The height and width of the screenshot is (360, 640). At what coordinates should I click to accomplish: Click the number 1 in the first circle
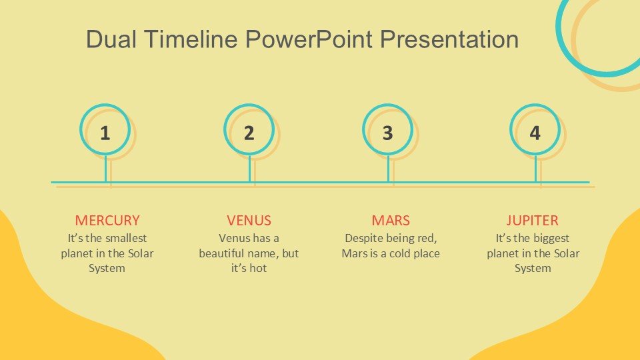[x=105, y=133]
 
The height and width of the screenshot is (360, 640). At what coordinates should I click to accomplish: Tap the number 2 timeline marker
[x=249, y=133]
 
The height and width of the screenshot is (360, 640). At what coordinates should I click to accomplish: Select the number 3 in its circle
[x=388, y=133]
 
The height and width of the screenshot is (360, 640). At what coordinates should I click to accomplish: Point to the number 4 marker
[x=535, y=133]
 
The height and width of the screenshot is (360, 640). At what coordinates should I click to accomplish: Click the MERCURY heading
[x=107, y=221]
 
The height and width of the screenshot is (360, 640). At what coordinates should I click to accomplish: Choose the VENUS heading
[x=249, y=221]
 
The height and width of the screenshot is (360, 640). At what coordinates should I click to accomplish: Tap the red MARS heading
[x=391, y=221]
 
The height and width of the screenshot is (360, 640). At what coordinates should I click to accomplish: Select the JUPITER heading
[x=532, y=221]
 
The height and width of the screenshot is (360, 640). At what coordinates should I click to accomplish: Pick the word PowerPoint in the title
[x=309, y=39]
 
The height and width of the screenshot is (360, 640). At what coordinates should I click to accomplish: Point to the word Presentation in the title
[x=449, y=39]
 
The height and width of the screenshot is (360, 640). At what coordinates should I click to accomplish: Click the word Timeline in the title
[x=191, y=39]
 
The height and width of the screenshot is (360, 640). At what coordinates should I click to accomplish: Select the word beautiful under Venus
[x=221, y=253]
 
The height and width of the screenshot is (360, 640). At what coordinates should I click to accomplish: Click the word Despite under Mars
[x=364, y=239]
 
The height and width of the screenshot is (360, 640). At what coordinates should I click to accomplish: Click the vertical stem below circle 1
[x=106, y=168]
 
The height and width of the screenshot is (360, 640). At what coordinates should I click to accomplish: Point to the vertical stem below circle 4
[x=535, y=168]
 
